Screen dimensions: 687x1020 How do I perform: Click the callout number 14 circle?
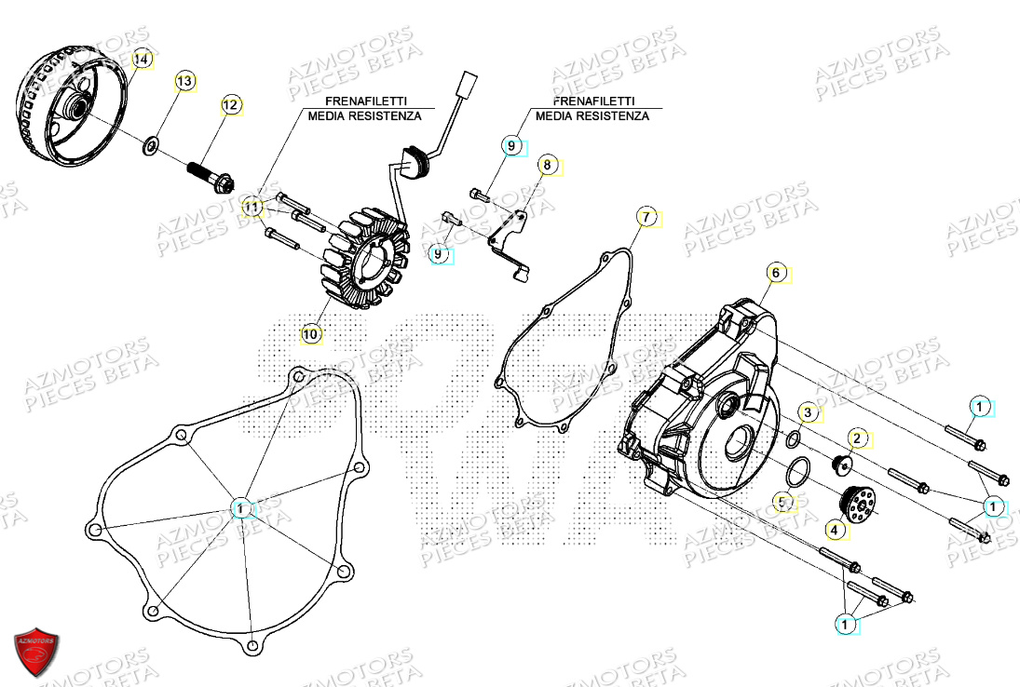pyautogui.click(x=141, y=60)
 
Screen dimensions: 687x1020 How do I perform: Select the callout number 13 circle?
pyautogui.click(x=184, y=82)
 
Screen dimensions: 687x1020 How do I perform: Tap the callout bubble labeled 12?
pyautogui.click(x=230, y=104)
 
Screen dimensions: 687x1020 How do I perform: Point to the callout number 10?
pyautogui.click(x=310, y=332)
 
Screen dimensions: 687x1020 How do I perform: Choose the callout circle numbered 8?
pyautogui.click(x=547, y=166)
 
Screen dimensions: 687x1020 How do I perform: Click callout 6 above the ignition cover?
pyautogui.click(x=776, y=273)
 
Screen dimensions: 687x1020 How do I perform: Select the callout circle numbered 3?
pyautogui.click(x=809, y=411)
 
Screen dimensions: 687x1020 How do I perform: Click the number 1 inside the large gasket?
pyautogui.click(x=241, y=508)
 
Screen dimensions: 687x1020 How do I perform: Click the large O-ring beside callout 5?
pyautogui.click(x=795, y=474)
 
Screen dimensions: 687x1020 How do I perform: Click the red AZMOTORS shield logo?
pyautogui.click(x=36, y=648)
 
